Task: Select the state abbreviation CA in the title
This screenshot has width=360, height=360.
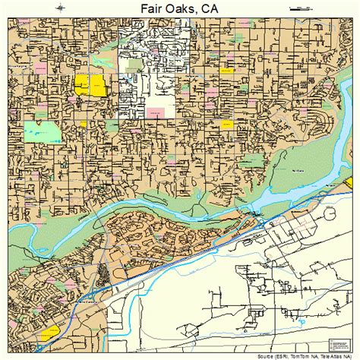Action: tap(209, 8)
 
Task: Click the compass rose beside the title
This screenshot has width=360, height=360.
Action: tap(60, 7)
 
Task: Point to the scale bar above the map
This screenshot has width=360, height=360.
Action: tap(301, 7)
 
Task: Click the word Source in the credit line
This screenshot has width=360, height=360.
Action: tap(267, 355)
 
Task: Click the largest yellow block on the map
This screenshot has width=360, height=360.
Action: tap(90, 85)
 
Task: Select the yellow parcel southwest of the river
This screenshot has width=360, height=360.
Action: tap(50, 332)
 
